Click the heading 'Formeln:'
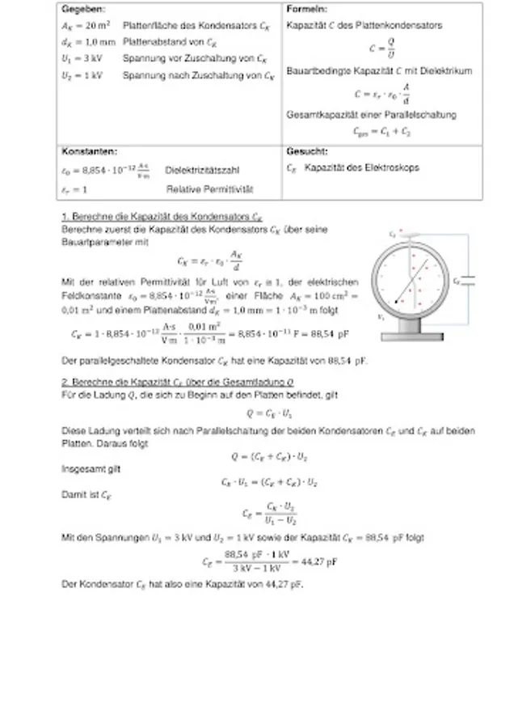coord(306,9)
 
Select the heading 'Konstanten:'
coord(89,150)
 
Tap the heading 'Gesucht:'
coord(307,150)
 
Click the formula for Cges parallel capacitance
coord(392,129)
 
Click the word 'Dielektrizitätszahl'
coord(201,171)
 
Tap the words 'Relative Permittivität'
coord(209,189)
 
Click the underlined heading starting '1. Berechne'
coord(162,218)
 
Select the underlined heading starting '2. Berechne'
coord(178,380)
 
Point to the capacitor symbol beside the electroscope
coord(468,281)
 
